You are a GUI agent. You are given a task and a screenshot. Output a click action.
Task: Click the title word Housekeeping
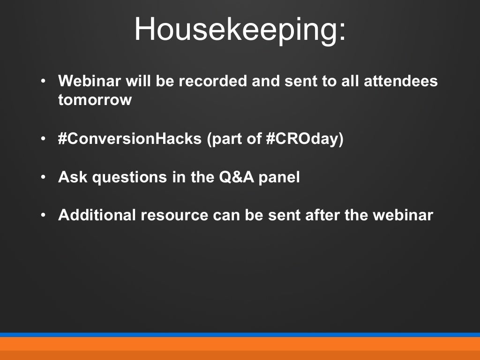240,29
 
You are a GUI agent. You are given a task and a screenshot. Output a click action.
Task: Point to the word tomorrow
95,100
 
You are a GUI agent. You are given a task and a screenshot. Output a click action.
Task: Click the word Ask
73,177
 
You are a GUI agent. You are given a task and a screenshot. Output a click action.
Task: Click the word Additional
97,215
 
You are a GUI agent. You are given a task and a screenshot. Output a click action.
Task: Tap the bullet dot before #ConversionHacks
43,140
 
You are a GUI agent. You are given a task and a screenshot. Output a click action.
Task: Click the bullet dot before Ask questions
43,178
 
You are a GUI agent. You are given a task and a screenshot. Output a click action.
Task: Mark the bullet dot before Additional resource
43,216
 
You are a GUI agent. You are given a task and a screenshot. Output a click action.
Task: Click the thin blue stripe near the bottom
240,335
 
